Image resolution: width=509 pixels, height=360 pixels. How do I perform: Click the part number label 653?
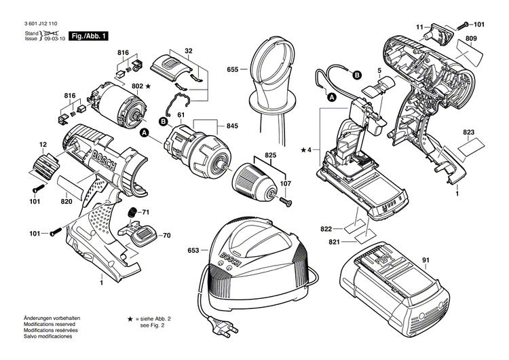click(193, 251)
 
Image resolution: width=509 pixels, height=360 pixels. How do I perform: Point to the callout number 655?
click(233, 69)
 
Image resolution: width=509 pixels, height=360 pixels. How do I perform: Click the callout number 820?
click(67, 201)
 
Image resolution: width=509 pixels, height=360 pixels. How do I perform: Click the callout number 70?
click(166, 236)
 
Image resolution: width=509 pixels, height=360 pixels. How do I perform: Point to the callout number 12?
click(43, 145)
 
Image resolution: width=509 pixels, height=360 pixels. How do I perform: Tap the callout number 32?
click(189, 50)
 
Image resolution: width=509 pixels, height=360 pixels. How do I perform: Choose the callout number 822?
click(326, 230)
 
